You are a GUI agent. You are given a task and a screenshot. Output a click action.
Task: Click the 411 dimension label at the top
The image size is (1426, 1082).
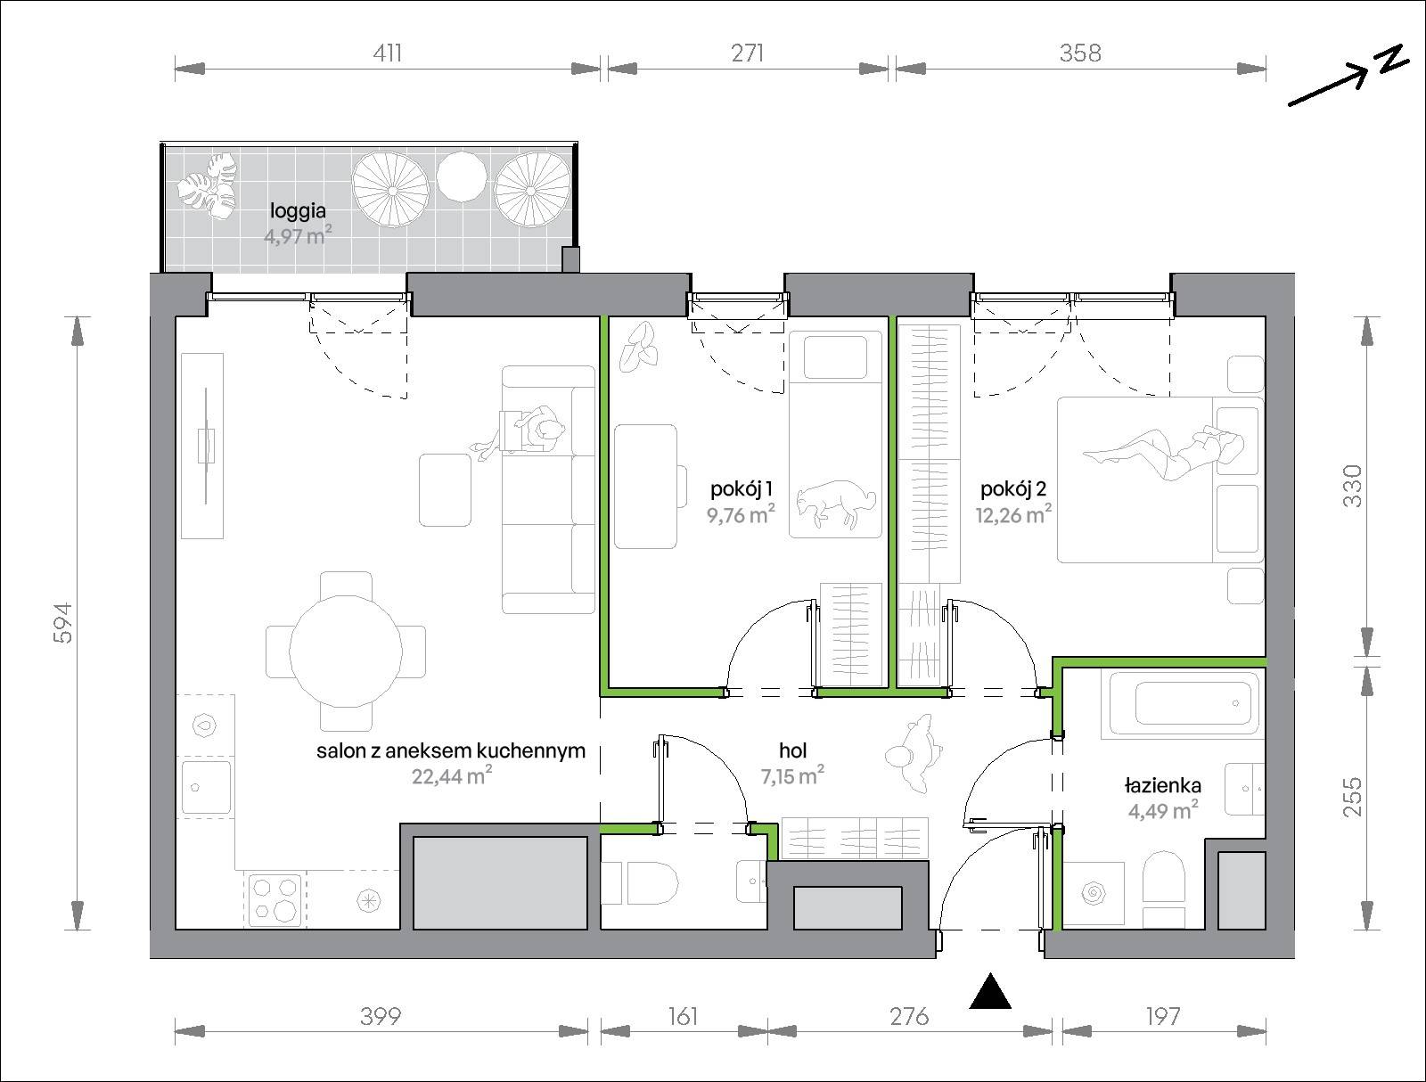[387, 53]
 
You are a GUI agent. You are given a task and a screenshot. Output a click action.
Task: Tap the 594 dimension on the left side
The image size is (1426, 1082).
[63, 623]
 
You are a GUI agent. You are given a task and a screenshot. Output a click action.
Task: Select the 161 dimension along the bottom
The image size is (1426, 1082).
[683, 1016]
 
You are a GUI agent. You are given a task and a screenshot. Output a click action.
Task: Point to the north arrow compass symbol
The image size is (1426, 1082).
[1348, 76]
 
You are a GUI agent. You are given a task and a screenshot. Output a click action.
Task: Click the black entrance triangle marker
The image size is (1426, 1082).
[989, 991]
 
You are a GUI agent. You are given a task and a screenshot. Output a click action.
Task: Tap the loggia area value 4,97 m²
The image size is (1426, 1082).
[298, 235]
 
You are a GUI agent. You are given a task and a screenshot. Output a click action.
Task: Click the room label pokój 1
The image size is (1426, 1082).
[742, 489]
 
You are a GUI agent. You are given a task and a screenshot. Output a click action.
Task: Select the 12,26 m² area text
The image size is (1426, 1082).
[1013, 514]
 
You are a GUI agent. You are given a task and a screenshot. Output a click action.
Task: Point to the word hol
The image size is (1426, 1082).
[792, 750]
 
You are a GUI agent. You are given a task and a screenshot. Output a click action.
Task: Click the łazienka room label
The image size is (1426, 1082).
[1163, 786]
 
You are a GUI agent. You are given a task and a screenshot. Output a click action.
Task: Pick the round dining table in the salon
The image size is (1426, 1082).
[346, 652]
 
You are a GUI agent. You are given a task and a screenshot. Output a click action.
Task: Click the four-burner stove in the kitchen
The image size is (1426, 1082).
[275, 899]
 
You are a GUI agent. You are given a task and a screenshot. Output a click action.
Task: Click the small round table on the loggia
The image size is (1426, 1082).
[462, 176]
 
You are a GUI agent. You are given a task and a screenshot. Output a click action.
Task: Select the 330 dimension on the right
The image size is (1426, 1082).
[1352, 486]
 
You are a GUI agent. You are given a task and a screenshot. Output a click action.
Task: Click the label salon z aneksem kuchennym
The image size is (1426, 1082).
[451, 750]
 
